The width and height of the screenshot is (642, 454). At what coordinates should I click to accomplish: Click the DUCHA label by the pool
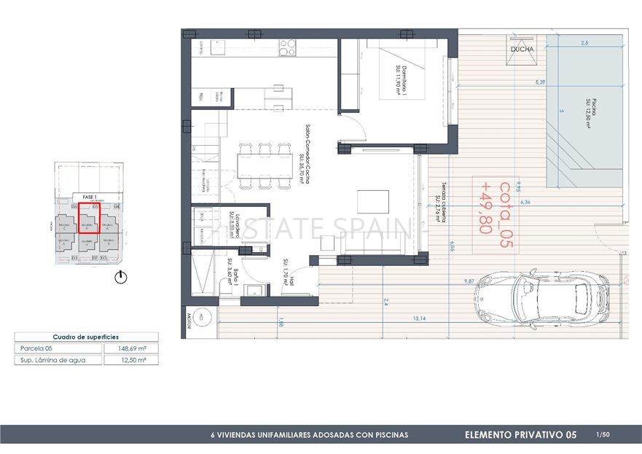[521, 50]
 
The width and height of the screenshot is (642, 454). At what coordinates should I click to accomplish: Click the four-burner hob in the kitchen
[286, 47]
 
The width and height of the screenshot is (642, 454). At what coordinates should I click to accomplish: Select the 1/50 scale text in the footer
[602, 435]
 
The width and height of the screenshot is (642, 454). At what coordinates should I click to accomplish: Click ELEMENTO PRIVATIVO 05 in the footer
[520, 435]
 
